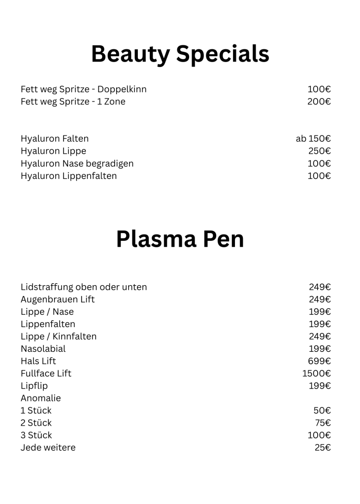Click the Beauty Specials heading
[x=180, y=54]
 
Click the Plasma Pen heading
[x=180, y=239]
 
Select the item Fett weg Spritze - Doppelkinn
[x=84, y=89]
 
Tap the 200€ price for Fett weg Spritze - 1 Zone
[x=319, y=101]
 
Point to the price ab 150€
[x=313, y=138]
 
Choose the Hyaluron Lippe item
[x=53, y=151]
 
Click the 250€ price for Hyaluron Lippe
[x=319, y=151]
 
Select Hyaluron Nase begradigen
[x=77, y=163]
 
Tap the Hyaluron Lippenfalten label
[x=68, y=175]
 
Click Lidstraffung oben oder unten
[x=84, y=287]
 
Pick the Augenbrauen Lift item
[x=58, y=299]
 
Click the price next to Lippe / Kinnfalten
[x=319, y=336]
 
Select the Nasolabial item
[x=43, y=349]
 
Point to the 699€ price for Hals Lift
[x=319, y=361]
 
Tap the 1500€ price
[x=316, y=373]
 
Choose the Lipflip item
[x=34, y=386]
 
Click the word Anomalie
[x=40, y=398]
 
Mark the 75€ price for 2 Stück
[x=323, y=423]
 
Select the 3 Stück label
[x=36, y=435]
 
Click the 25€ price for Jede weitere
[x=323, y=447]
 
